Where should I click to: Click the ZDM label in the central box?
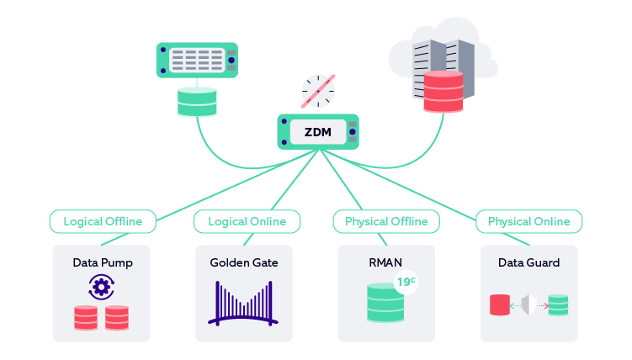click(317, 131)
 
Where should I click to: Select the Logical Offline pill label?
click(102, 222)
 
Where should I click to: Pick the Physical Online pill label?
click(528, 222)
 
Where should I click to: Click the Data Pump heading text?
click(102, 262)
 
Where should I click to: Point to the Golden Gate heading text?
click(244, 262)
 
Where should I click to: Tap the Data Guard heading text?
click(528, 262)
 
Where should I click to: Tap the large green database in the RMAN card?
click(385, 304)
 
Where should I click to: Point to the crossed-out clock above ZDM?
click(318, 91)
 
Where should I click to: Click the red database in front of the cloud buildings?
click(443, 91)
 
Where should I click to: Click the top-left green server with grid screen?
click(197, 61)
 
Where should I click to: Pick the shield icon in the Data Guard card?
click(529, 304)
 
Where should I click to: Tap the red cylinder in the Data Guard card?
click(501, 304)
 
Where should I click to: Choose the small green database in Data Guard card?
click(558, 304)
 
